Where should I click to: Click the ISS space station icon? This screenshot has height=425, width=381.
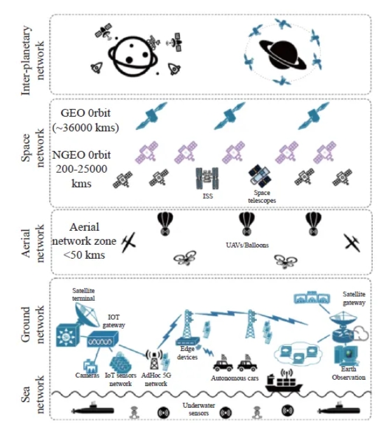207,178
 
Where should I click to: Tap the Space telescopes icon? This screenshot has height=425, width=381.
260,176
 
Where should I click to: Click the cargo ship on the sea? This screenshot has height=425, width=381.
283,380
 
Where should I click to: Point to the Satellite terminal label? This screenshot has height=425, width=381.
83,294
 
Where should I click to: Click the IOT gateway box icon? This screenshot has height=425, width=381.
102,339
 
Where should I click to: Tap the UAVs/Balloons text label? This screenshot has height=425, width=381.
247,245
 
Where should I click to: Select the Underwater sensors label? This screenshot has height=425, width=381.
198,409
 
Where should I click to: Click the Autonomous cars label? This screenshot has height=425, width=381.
235,378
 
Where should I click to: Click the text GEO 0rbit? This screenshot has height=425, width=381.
85,113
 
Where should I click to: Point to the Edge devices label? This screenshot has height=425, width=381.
187,353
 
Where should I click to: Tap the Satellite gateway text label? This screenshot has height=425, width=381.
354,298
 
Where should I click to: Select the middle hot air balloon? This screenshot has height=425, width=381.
247,224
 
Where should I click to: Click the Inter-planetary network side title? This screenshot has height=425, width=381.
32,61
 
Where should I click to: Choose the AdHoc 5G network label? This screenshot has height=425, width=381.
156,380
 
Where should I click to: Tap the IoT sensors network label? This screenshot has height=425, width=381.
120,380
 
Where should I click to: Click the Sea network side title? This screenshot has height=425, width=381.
32,394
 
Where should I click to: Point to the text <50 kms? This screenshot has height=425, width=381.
84,255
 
